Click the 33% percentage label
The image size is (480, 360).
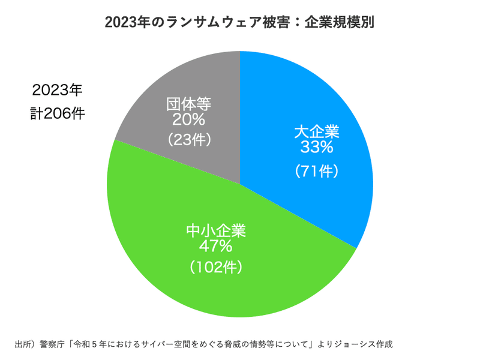[x=317, y=146]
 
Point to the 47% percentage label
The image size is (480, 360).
[x=217, y=246]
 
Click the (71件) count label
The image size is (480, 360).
[x=317, y=172]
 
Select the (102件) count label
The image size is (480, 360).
[x=217, y=268]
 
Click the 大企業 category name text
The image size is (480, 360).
[x=317, y=131]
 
